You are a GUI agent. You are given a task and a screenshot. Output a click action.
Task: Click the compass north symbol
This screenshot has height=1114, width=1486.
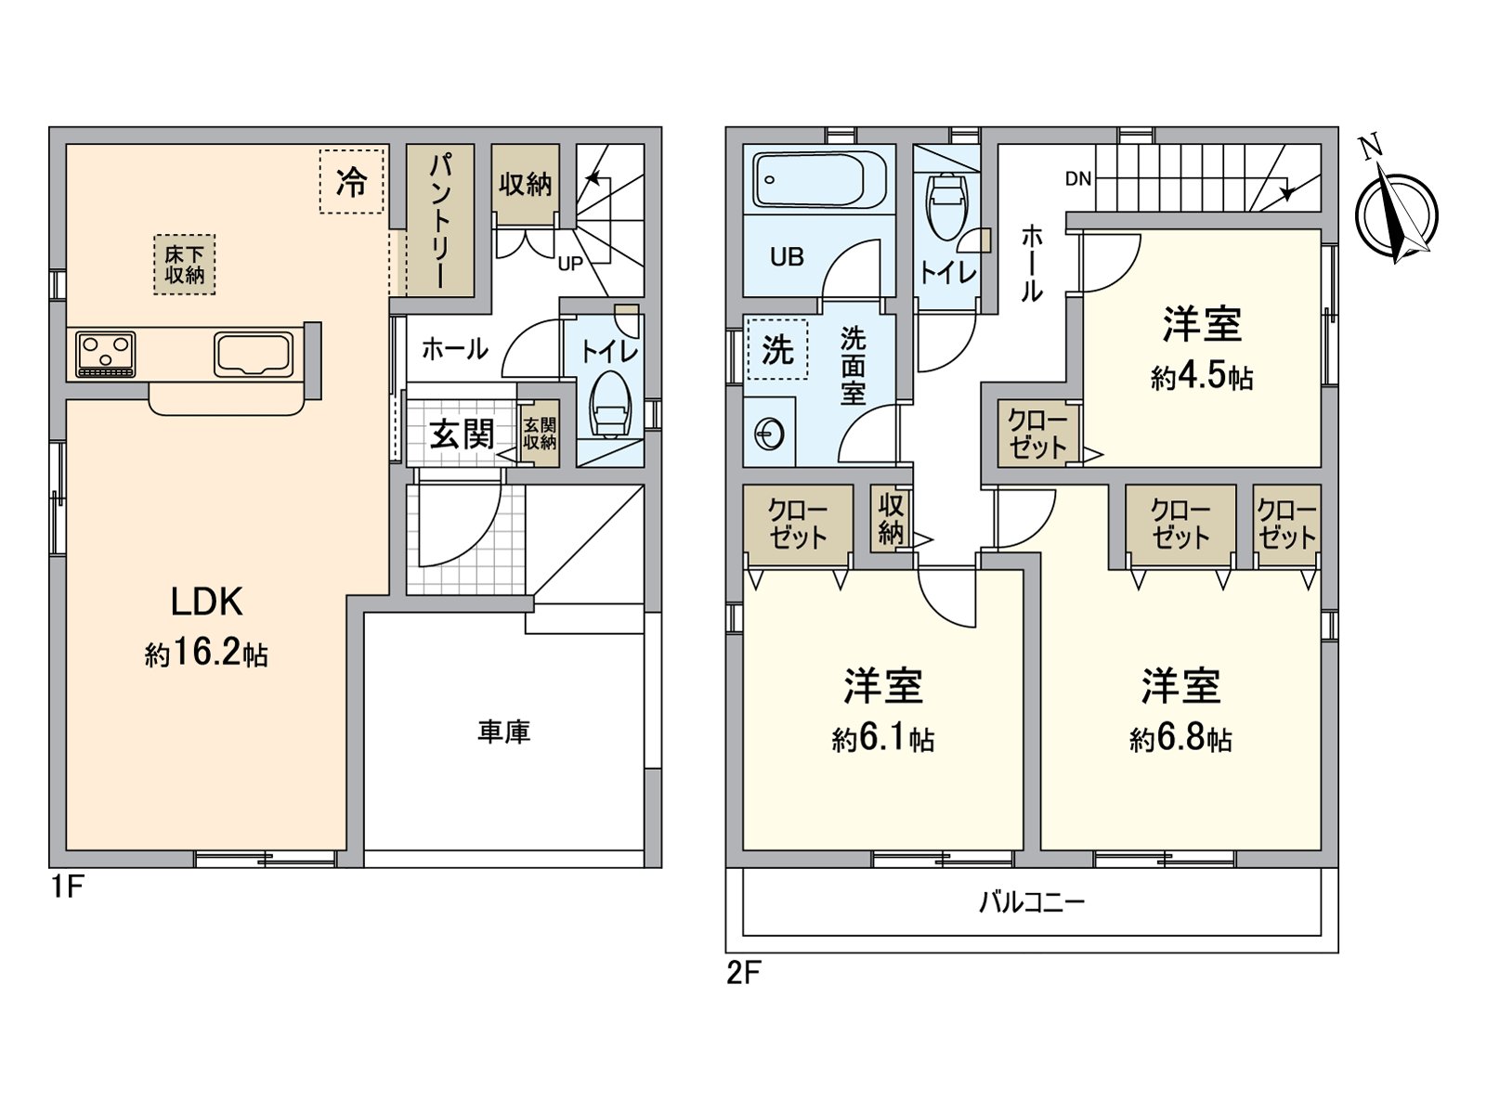click(x=1396, y=212)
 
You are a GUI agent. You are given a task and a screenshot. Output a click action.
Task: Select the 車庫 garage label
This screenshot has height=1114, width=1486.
click(x=503, y=732)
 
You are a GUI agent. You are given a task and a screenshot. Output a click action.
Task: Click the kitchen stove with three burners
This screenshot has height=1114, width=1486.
click(x=105, y=354)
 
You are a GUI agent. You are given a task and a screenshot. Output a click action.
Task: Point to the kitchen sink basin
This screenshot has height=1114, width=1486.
click(x=254, y=354)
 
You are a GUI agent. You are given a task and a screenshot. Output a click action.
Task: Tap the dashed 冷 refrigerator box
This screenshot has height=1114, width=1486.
click(x=351, y=182)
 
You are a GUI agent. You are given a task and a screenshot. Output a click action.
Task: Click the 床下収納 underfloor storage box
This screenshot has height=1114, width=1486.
click(x=185, y=265)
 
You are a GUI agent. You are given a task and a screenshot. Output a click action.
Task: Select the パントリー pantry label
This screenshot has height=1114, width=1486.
click(x=440, y=221)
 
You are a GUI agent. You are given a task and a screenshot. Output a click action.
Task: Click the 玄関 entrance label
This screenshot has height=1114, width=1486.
click(x=461, y=434)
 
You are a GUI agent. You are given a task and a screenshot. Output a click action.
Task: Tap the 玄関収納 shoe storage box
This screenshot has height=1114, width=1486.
click(x=540, y=434)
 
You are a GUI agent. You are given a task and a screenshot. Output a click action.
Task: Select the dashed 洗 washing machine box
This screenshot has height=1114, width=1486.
click(x=777, y=350)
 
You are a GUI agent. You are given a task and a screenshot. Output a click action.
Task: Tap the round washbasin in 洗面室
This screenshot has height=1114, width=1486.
click(x=770, y=433)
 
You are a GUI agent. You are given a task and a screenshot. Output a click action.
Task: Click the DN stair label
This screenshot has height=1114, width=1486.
click(x=1077, y=179)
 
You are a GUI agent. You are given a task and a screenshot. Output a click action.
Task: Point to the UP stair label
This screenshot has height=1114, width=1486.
click(x=569, y=264)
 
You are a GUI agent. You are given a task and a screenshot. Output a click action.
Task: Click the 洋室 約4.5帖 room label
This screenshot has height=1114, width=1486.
click(x=1202, y=348)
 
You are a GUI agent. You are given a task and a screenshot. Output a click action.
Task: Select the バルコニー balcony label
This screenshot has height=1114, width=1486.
click(x=1032, y=902)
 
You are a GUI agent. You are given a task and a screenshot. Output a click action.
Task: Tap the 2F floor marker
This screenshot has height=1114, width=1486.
click(x=743, y=973)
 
